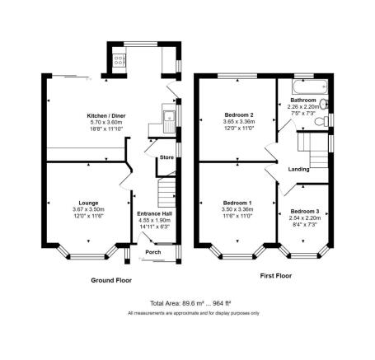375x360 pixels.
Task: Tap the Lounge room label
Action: [88, 202]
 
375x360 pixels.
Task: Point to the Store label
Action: [166, 157]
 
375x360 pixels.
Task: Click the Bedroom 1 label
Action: [238, 203]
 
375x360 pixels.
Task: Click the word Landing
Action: [298, 171]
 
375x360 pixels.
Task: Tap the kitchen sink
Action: [168, 120]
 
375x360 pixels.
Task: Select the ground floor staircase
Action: [167, 196]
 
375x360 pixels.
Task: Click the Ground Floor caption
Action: [111, 280]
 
